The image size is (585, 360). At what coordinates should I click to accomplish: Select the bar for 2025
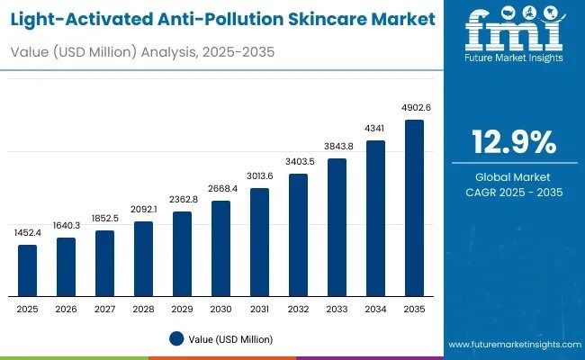[28, 270]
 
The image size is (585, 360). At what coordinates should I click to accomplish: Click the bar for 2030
[221, 248]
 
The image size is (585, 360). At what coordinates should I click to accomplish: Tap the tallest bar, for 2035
[414, 208]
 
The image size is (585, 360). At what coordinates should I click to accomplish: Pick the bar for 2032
[298, 234]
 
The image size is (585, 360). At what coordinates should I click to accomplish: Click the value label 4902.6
[414, 108]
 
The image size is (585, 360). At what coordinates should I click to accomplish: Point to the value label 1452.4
[28, 233]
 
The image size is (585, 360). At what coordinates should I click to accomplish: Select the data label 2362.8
[183, 200]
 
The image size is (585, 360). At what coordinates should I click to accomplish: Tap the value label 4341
[375, 129]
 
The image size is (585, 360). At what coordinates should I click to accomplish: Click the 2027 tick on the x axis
[105, 309]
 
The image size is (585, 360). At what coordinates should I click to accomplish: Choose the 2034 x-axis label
[375, 309]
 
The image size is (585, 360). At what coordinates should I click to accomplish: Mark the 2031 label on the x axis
[259, 309]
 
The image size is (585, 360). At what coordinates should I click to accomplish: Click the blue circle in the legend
[175, 339]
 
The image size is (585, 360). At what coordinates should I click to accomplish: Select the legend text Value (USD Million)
[230, 339]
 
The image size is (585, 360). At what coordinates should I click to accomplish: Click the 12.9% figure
[514, 142]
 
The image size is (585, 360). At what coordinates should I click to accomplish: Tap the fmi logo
[514, 34]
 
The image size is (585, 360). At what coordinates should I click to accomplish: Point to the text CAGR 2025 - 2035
[514, 193]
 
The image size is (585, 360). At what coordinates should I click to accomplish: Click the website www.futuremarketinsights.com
[513, 345]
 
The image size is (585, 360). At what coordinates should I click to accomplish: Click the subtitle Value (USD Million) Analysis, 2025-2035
[142, 53]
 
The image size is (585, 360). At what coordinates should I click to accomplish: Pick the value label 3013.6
[259, 176]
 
